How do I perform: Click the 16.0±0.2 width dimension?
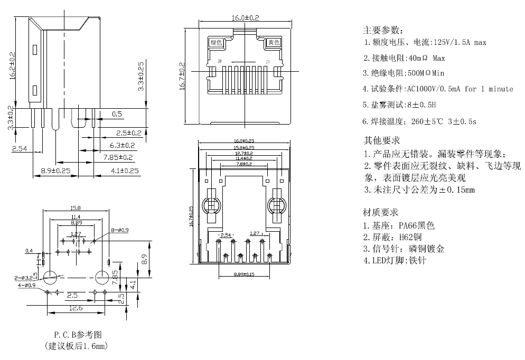point(245,18)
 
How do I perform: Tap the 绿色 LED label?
point(216,42)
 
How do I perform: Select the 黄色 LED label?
point(273,42)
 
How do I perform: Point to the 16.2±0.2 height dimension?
point(12,64)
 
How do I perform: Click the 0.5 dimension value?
point(117,113)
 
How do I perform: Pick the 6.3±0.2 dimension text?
point(122,145)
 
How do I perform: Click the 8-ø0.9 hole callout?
point(119,230)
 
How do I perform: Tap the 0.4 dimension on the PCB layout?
point(29,251)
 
